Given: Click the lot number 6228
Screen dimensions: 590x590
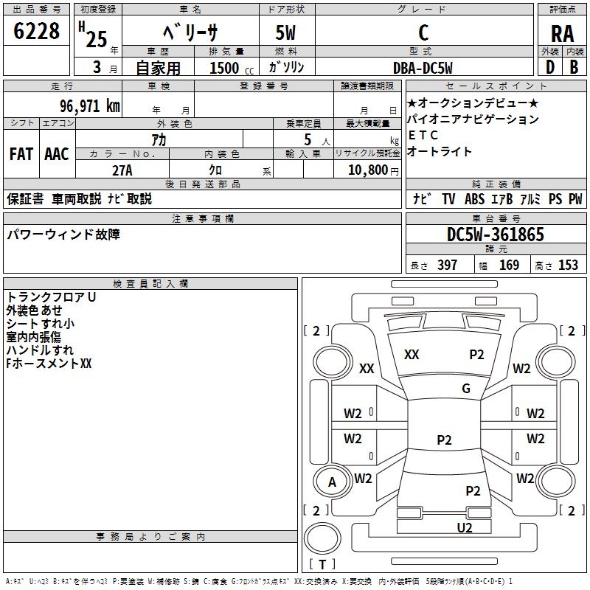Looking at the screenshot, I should click(37, 32).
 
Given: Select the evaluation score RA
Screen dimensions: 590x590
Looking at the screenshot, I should click(562, 33).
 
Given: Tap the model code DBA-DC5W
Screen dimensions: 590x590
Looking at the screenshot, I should click(423, 68).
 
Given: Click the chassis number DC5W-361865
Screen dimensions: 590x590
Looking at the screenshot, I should click(496, 235).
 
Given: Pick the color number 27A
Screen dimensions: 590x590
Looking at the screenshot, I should click(122, 170).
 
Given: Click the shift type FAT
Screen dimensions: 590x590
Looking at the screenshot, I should click(21, 153).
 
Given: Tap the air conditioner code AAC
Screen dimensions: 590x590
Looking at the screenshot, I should click(56, 153).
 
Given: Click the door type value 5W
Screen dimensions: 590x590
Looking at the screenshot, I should click(285, 33).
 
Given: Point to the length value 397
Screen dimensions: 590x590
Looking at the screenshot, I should click(447, 265).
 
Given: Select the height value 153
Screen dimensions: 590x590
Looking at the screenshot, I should click(568, 265).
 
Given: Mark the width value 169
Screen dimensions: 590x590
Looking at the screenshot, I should click(509, 265).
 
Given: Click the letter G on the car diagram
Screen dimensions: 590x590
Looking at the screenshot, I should click(466, 389).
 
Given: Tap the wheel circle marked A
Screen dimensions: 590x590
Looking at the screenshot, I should click(332, 482).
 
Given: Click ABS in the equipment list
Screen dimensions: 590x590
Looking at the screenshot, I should click(474, 199).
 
